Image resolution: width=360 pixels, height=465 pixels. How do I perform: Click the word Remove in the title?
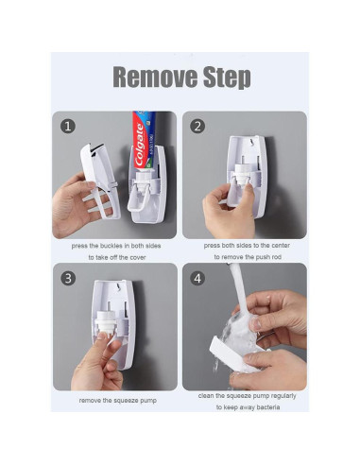155,77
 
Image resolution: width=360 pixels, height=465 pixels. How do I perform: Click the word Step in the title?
227,78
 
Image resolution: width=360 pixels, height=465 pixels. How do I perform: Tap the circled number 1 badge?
68,127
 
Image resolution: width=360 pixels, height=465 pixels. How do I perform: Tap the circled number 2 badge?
197,127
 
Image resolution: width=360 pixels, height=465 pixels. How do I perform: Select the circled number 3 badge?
68,278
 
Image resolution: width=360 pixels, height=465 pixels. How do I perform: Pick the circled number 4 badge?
197,278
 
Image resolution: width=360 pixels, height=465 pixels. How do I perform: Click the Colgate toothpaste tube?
144,141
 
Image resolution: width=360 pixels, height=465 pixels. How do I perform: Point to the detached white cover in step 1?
100,181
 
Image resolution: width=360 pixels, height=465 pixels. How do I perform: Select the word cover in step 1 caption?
138,258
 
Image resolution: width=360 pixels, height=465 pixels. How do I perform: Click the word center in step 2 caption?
280,246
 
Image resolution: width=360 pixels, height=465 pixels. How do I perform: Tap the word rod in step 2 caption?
276,257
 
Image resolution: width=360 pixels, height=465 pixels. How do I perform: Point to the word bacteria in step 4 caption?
268,407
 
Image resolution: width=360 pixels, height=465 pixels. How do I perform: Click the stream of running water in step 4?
240,290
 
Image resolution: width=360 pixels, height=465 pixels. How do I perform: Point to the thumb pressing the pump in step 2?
249,197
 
